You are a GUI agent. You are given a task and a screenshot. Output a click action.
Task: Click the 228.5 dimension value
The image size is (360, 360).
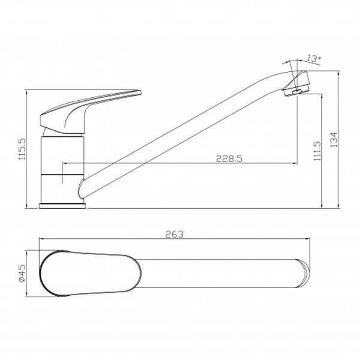229,158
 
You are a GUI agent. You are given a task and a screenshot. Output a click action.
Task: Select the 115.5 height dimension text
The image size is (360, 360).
23,149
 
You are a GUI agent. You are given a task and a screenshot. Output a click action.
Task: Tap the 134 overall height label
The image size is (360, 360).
334,140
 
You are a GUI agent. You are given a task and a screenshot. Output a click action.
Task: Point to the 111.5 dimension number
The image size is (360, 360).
317,151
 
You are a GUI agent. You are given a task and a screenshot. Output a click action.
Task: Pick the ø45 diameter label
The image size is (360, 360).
22,274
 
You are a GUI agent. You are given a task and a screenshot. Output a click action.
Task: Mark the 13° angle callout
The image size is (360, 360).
314,58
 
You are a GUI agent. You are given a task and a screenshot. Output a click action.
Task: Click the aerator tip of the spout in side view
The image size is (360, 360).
296,83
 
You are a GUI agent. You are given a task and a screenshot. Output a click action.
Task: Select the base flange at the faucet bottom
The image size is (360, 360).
62,206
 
